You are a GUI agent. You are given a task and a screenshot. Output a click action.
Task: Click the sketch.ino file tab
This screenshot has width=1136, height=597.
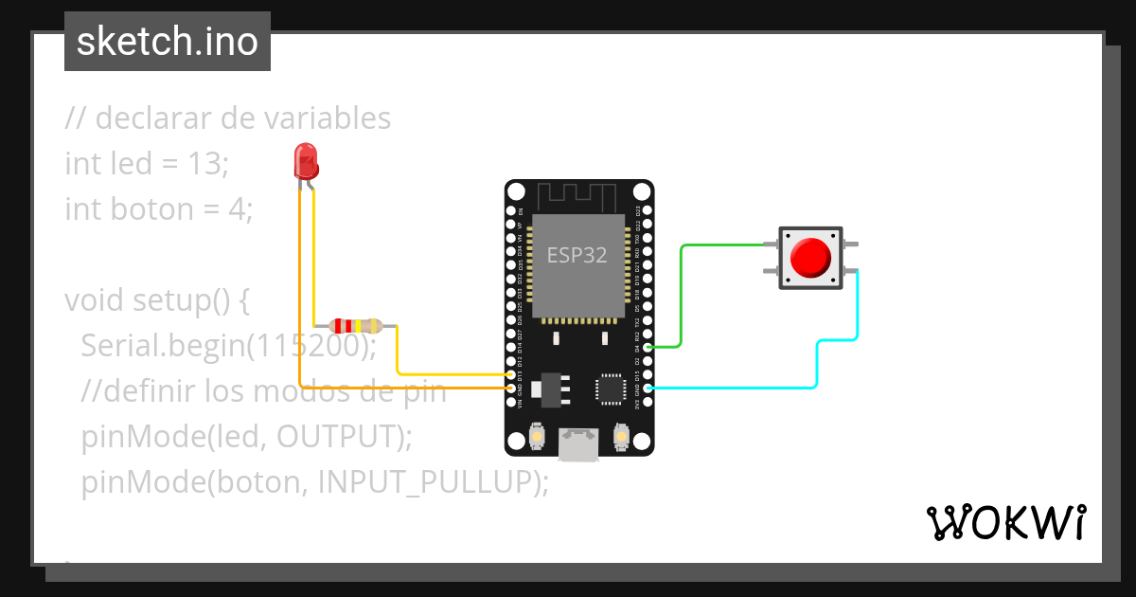(167, 42)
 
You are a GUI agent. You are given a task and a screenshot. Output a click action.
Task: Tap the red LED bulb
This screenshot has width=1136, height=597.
(306, 162)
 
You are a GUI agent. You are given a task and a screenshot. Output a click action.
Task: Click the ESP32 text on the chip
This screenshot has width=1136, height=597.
(577, 255)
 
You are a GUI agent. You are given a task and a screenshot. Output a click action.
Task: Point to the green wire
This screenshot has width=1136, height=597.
(682, 294)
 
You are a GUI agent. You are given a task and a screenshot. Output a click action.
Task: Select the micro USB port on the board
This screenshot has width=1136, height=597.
(578, 444)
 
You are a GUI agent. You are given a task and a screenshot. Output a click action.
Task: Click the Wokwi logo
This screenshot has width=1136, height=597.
(1004, 522)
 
